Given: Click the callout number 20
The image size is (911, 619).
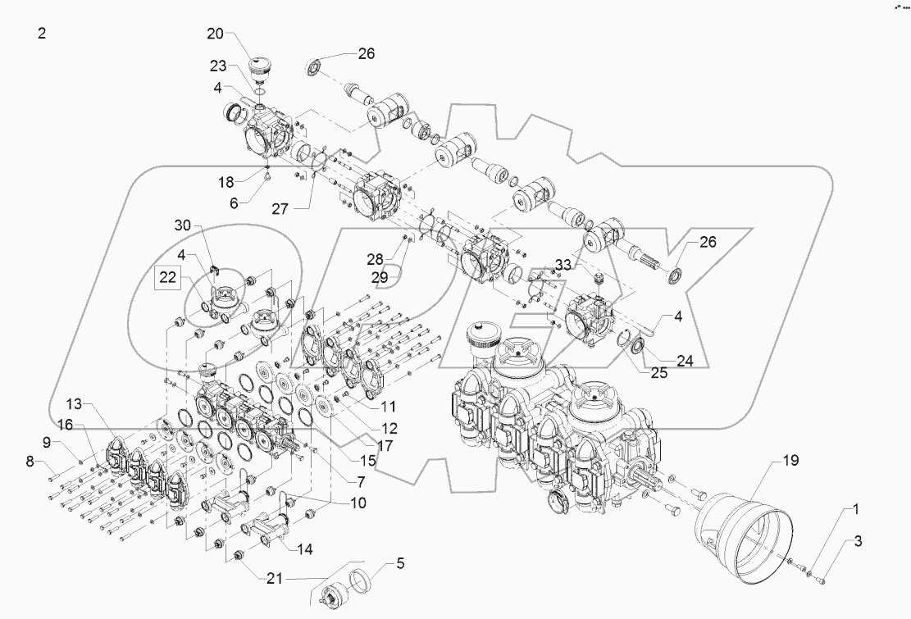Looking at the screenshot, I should pos(215,34).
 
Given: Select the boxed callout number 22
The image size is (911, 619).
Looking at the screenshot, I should pos(168,279).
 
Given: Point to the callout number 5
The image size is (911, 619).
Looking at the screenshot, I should pos(400,563).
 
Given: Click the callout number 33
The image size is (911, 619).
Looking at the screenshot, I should pos(563,265).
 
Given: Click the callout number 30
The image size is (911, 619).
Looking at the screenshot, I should pos(182,225).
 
